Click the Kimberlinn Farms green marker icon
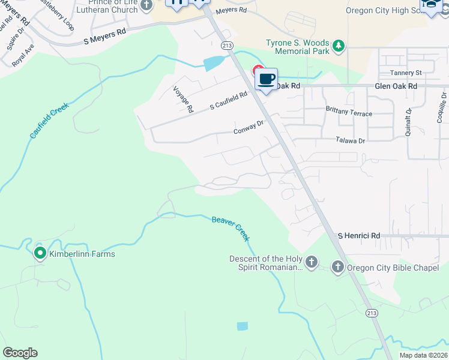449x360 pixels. pyautogui.click(x=40, y=254)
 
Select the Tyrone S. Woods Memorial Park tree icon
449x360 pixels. pyautogui.click(x=339, y=46)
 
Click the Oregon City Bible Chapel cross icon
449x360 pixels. pyautogui.click(x=337, y=268)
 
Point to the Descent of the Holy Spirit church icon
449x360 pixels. pyautogui.click(x=311, y=262)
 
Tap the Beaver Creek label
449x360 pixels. pyautogui.click(x=231, y=228)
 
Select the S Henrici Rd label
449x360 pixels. pyautogui.click(x=359, y=236)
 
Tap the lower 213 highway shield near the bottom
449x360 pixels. pyautogui.click(x=372, y=313)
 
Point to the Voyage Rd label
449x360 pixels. pyautogui.click(x=183, y=100)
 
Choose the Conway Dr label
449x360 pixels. pyautogui.click(x=249, y=127)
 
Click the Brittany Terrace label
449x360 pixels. pyautogui.click(x=349, y=113)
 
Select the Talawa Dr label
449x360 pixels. pyautogui.click(x=350, y=140)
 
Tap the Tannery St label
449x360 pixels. pyautogui.click(x=406, y=73)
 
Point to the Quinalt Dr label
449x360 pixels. pyautogui.click(x=409, y=122)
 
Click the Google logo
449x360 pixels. pyautogui.click(x=20, y=353)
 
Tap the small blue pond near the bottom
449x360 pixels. pyautogui.click(x=242, y=326)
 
